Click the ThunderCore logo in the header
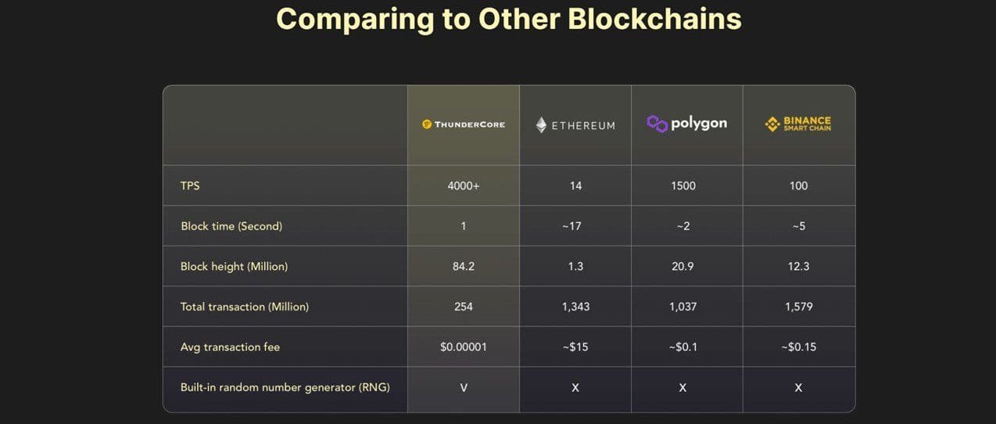click(464, 124)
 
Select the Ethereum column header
click(575, 125)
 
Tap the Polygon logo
click(687, 124)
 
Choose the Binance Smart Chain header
click(798, 124)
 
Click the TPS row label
click(190, 186)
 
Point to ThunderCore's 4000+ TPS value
click(464, 186)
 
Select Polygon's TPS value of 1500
click(683, 186)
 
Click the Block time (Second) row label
click(231, 226)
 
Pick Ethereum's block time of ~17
click(575, 226)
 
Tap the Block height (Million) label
click(234, 267)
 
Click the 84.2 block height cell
click(464, 267)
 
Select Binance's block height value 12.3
click(798, 267)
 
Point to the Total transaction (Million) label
click(245, 307)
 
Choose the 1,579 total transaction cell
click(798, 307)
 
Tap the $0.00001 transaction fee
click(464, 347)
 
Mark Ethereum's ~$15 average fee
click(575, 347)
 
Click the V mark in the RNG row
click(464, 387)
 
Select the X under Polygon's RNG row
click(683, 387)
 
